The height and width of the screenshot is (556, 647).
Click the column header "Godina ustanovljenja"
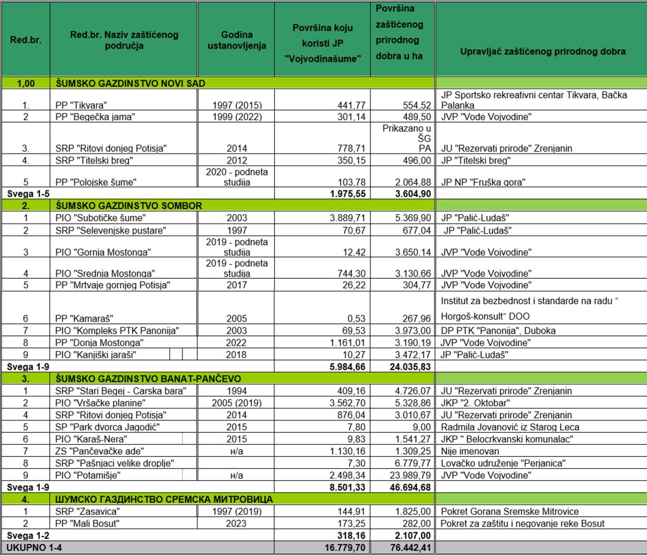click(x=236, y=40)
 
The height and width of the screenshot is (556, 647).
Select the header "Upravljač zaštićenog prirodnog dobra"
click(x=542, y=51)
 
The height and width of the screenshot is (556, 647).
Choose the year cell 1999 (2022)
click(x=236, y=116)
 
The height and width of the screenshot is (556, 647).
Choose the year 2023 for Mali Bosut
click(x=236, y=523)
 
